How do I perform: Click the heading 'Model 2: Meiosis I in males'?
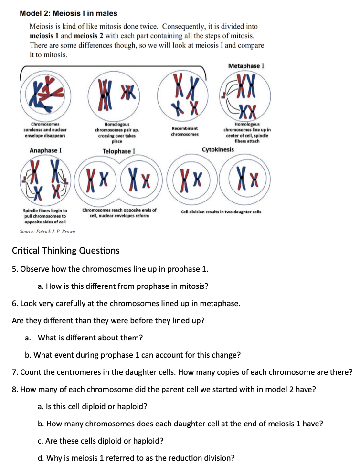(69, 13)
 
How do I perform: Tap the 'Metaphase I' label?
(246, 65)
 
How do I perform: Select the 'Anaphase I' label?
(45, 150)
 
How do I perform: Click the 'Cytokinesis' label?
(218, 149)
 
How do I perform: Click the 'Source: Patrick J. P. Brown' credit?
(47, 232)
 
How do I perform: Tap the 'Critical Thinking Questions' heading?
(65, 251)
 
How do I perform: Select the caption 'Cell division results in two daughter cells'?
(221, 212)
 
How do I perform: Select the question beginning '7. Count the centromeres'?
(181, 372)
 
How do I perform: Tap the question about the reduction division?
(136, 458)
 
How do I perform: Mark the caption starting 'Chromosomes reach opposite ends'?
(119, 212)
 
